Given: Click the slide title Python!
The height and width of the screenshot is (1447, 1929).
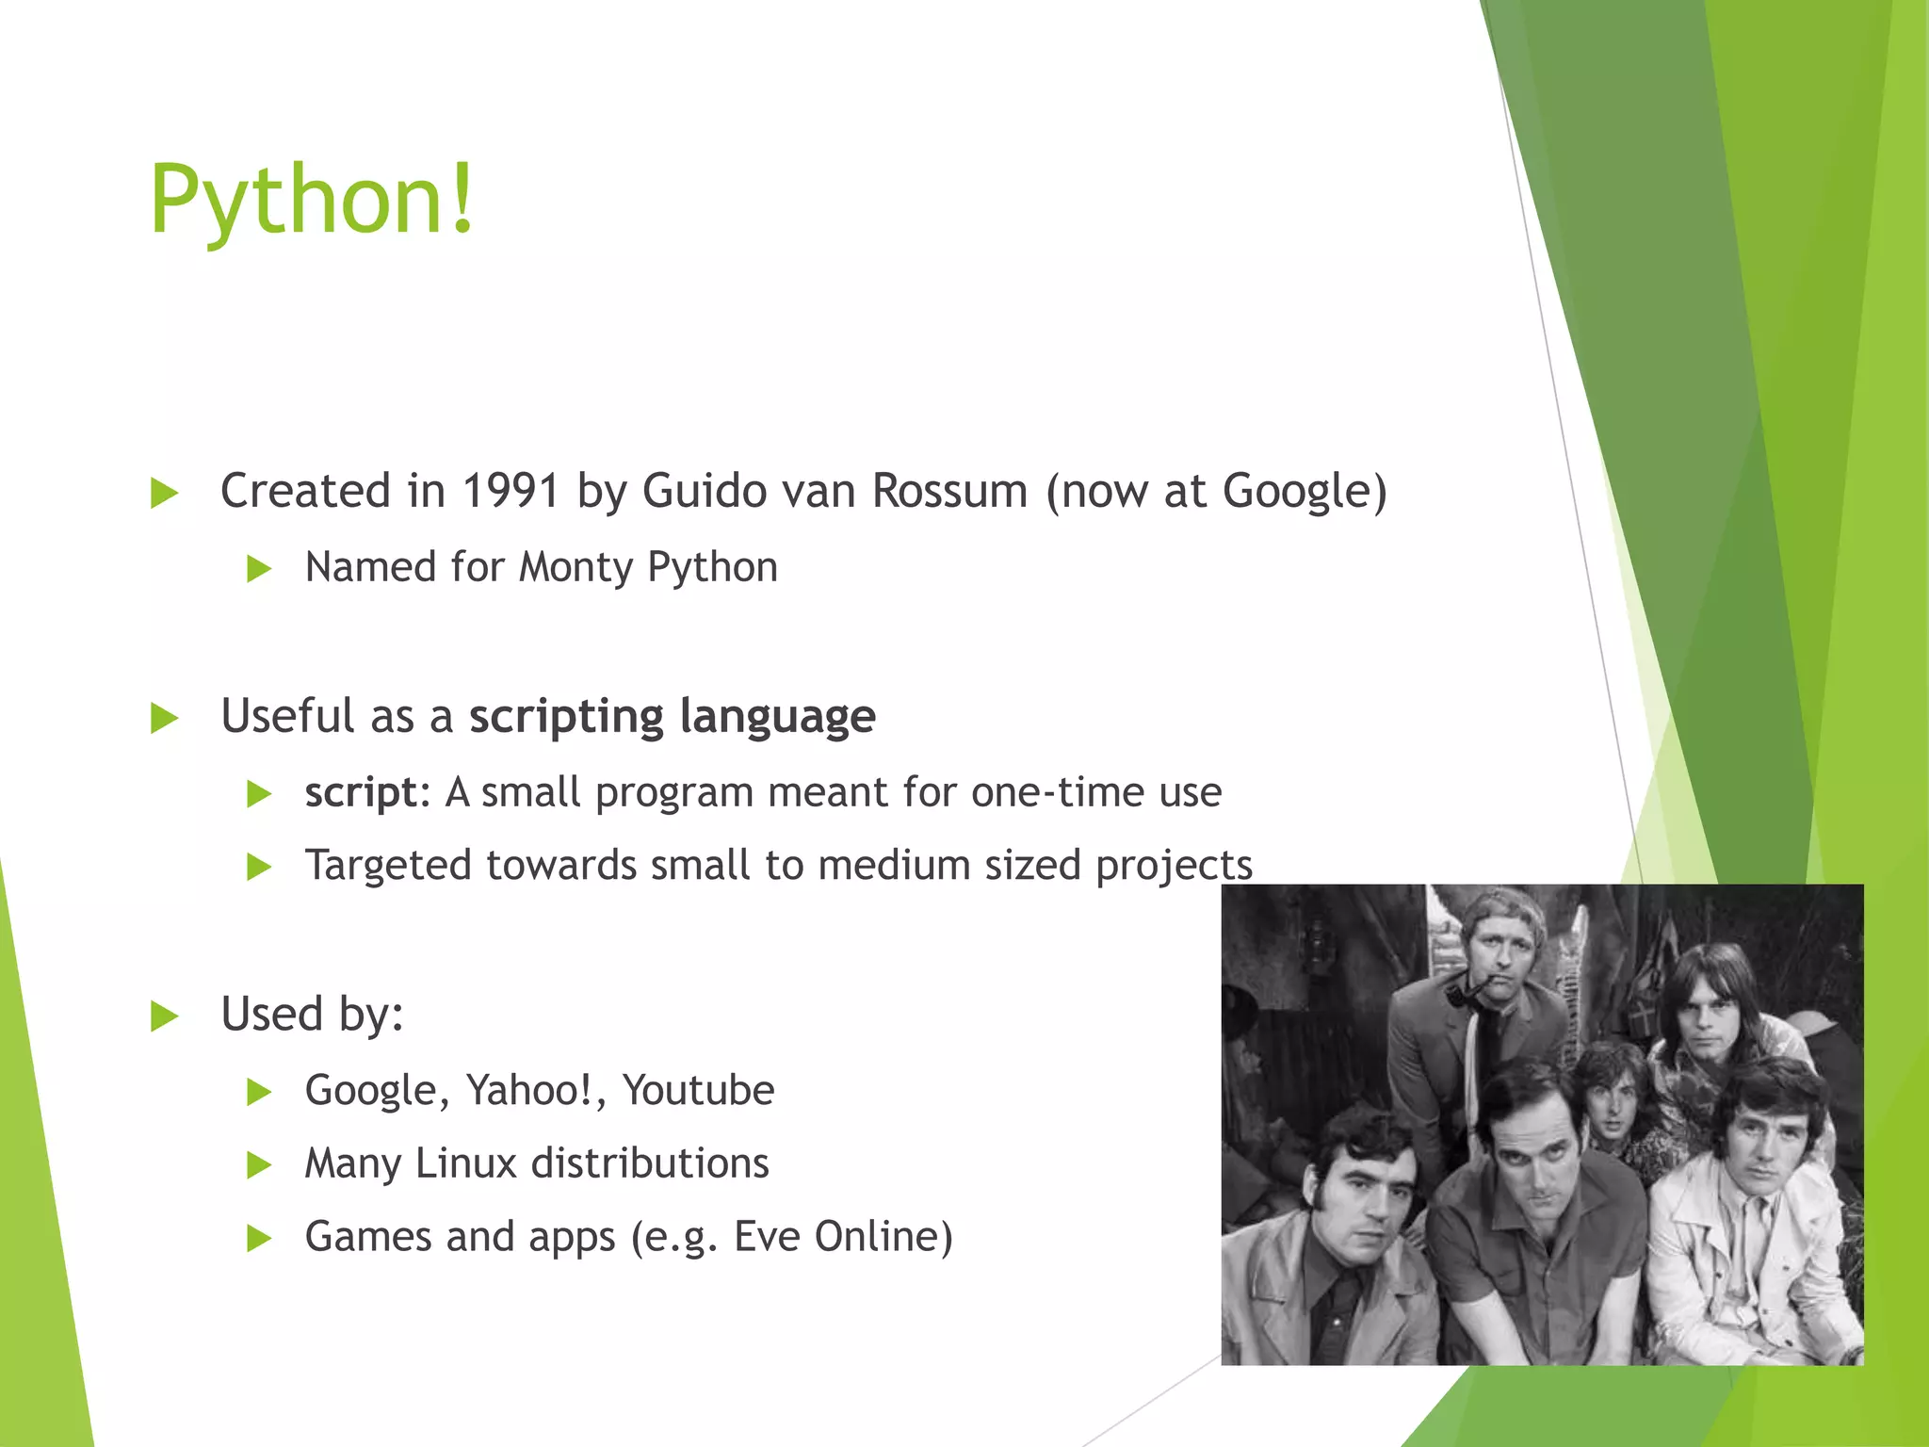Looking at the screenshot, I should [313, 200].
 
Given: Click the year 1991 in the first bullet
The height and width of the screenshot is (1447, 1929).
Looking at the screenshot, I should [511, 491].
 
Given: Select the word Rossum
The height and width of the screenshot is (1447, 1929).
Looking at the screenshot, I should [949, 491].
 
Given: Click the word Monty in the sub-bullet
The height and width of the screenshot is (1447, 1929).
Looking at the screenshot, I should [576, 567].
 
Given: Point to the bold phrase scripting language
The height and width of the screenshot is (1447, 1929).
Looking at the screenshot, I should [673, 717].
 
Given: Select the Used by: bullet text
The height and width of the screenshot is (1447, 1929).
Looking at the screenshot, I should [312, 1015].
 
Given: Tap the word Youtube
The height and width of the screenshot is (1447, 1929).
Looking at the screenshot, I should [698, 1090].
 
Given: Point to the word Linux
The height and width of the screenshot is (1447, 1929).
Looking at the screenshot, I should [467, 1163].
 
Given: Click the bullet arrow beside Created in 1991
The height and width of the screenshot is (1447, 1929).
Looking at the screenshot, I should [165, 493].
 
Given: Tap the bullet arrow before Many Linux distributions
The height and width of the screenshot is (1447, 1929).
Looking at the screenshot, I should [259, 1166].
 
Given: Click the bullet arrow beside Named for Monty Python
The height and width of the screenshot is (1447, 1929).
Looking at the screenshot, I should [259, 569].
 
